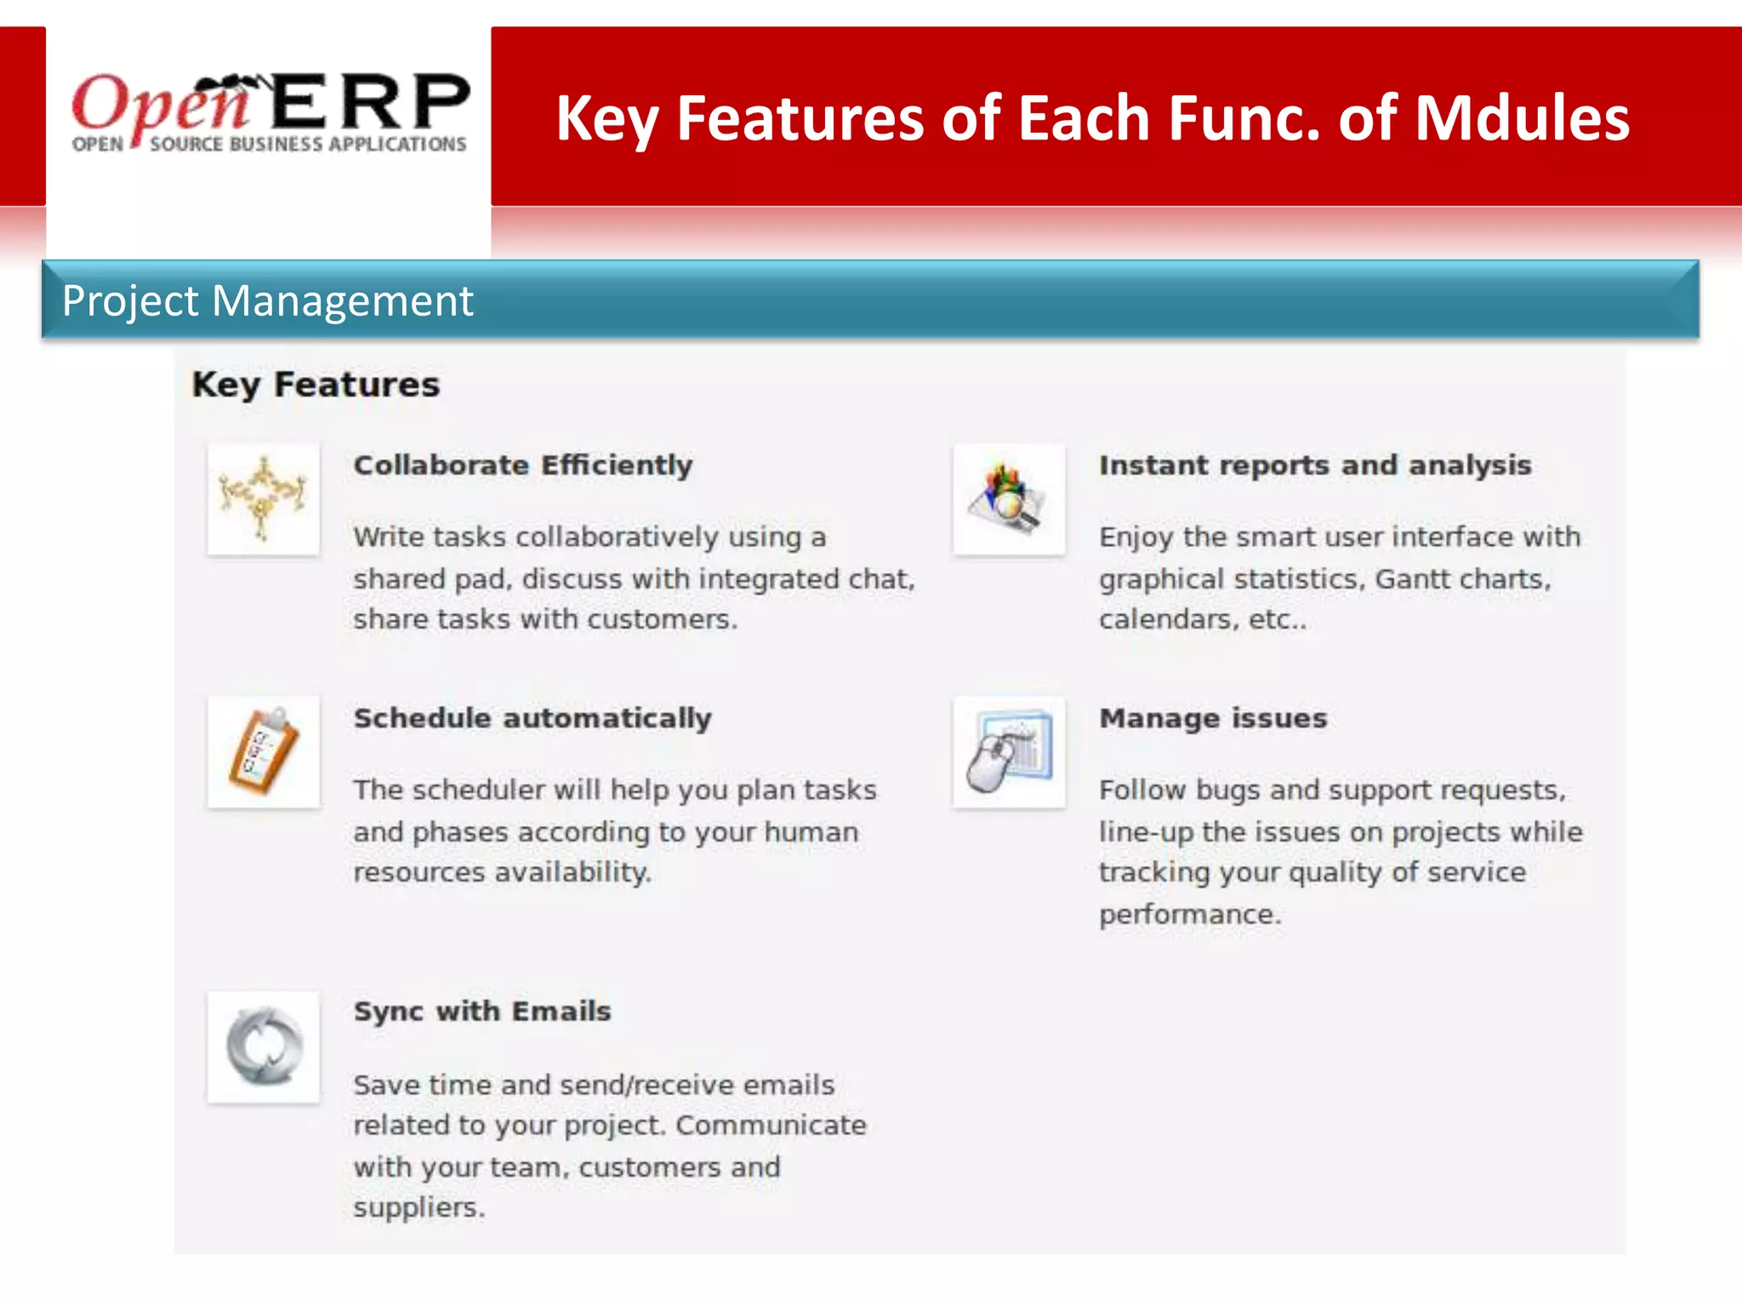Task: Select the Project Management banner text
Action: click(x=267, y=301)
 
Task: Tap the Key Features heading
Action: click(x=316, y=385)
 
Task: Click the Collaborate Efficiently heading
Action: click(x=523, y=465)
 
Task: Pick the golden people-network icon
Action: click(x=264, y=499)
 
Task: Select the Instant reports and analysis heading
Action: click(x=1315, y=465)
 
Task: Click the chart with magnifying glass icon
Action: click(x=1009, y=499)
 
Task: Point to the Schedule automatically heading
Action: click(x=532, y=718)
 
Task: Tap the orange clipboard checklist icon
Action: click(x=264, y=752)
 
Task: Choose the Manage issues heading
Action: click(x=1213, y=718)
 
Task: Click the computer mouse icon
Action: click(x=1009, y=752)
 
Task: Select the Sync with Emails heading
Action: click(x=482, y=1011)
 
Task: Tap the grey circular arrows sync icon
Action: click(x=264, y=1047)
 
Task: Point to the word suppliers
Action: click(x=418, y=1208)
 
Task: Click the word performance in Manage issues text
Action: click(x=1188, y=915)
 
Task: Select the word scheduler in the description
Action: click(x=479, y=790)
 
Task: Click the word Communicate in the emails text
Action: click(x=771, y=1126)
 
